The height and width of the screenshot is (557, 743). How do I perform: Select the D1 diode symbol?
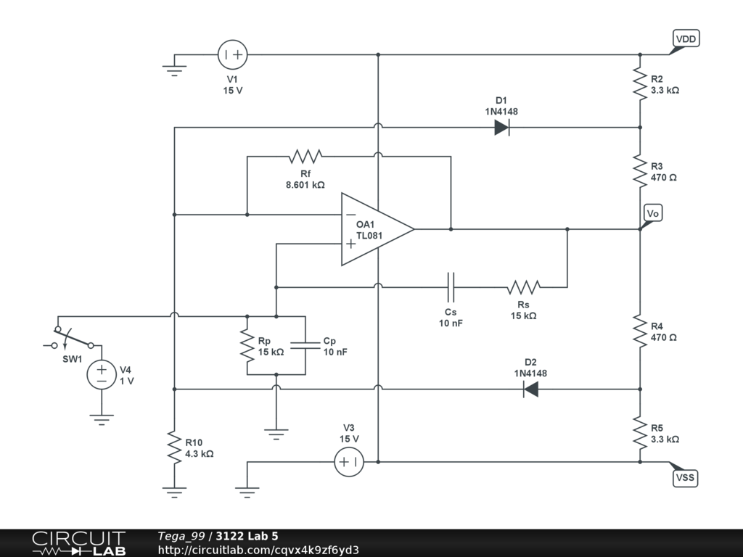coord(502,128)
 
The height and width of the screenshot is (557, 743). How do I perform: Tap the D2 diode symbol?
coord(530,389)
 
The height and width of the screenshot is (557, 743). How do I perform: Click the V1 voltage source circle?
coord(233,54)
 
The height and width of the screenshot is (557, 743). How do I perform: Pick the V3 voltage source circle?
coord(349,462)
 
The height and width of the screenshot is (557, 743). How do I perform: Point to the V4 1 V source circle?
coord(102,375)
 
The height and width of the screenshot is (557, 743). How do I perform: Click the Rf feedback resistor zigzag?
coord(305,157)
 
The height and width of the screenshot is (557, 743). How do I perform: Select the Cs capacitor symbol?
coord(451,287)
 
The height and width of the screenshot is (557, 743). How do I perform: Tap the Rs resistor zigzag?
coord(524,287)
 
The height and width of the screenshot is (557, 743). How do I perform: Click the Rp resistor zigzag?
coord(247,345)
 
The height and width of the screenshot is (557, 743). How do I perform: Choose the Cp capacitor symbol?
coord(305,345)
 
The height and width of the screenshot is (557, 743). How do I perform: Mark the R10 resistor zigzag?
coord(174,447)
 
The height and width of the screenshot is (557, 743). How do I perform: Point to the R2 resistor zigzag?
coord(640,84)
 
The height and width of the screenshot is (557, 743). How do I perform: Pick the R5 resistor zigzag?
coord(640,433)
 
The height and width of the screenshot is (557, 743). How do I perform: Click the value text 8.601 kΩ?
coord(305,185)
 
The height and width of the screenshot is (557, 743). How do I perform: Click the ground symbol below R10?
coord(174,492)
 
